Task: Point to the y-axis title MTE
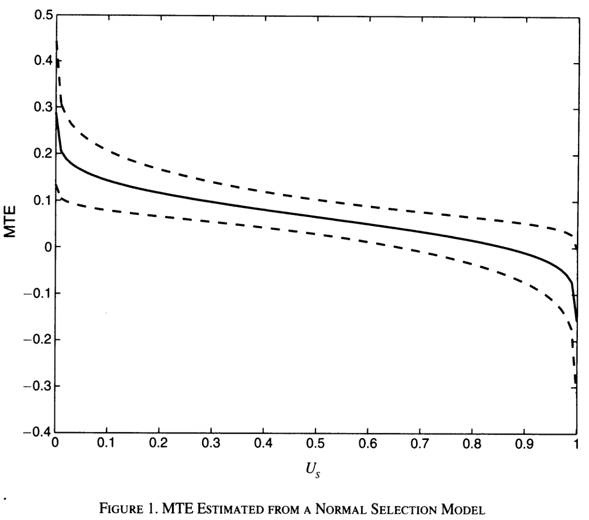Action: point(11,223)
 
